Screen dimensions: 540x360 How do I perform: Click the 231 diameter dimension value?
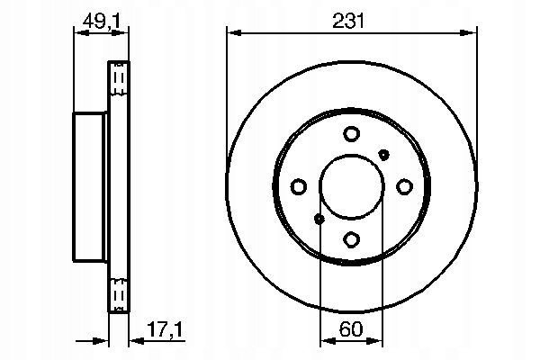pos(348,22)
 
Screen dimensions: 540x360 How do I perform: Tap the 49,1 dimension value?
pos(101,22)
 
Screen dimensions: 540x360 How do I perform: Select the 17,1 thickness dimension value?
pos(165,329)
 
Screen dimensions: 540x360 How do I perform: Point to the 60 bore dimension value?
pos(351,328)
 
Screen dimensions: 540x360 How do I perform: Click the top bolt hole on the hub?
pos(352,134)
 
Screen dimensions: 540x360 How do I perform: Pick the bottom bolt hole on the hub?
pos(352,239)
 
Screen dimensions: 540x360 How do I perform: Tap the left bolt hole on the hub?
pos(299,186)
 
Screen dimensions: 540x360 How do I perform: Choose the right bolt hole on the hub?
pos(404,186)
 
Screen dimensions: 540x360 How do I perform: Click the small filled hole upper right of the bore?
pos(383,155)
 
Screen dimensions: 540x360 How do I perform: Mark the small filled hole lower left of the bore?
pos(319,219)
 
